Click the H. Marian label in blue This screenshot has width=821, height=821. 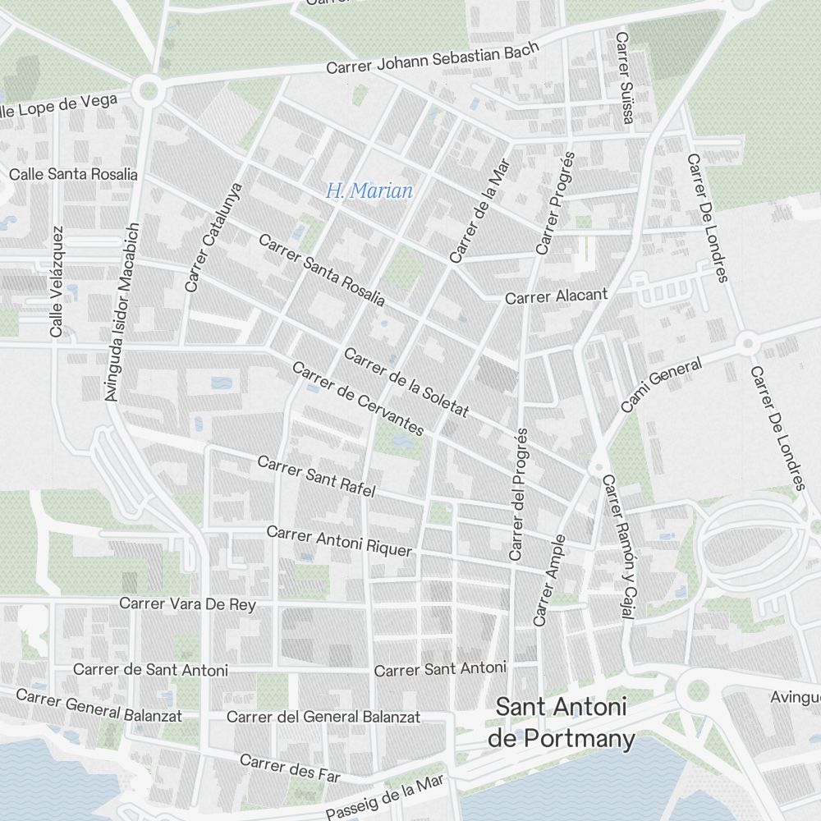click(369, 191)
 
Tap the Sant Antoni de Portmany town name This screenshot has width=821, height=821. click(562, 723)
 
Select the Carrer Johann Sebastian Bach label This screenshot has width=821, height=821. click(433, 58)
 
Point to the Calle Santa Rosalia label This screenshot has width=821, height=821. click(73, 174)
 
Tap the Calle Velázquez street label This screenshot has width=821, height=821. click(56, 282)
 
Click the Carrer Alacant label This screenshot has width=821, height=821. click(557, 296)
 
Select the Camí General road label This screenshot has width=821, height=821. click(661, 385)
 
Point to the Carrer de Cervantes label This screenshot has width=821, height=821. click(358, 399)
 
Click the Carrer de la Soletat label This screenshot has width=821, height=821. click(406, 383)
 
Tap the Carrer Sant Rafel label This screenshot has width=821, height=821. click(316, 476)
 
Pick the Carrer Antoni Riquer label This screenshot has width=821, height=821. click(338, 541)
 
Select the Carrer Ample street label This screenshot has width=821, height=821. click(549, 580)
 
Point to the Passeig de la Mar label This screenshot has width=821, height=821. click(384, 796)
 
